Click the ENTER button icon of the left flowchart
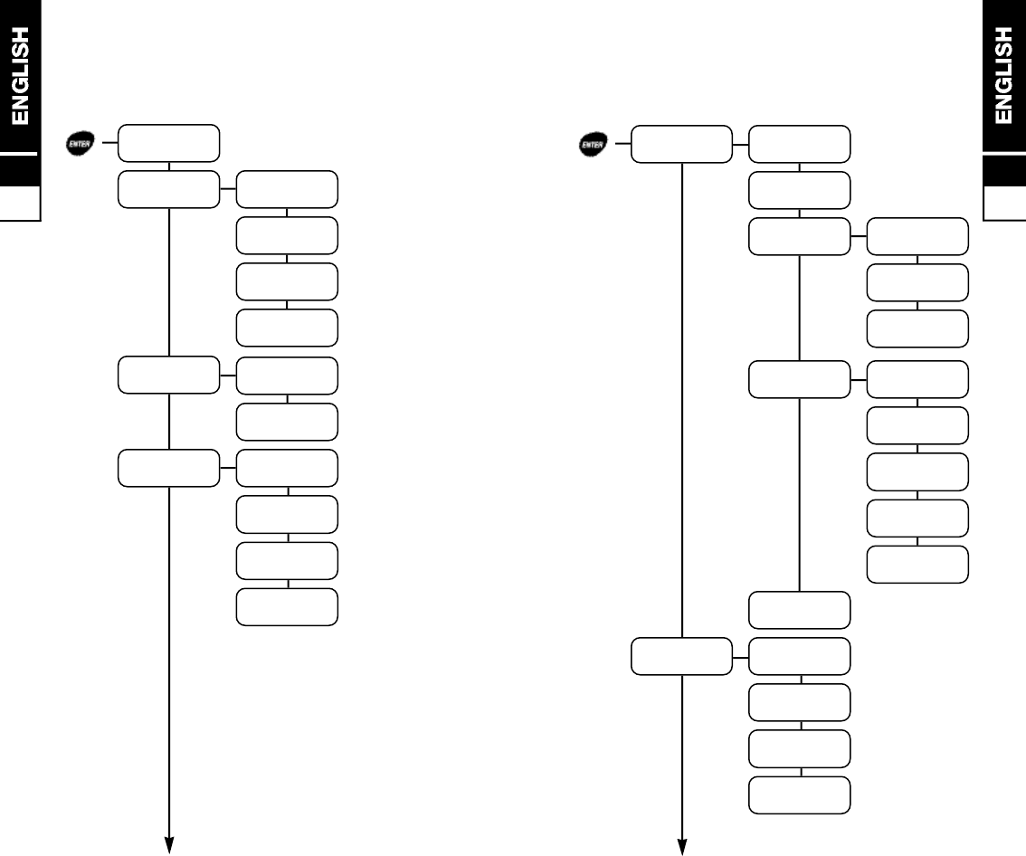(x=79, y=143)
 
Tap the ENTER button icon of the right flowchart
(x=593, y=143)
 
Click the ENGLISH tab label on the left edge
(x=20, y=76)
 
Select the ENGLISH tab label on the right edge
(x=1003, y=76)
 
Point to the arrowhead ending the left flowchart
(x=169, y=845)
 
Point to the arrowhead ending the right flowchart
(x=681, y=845)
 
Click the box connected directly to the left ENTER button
(x=169, y=143)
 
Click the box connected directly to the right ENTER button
(x=681, y=144)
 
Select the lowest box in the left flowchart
(x=287, y=606)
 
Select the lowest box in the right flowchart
(x=800, y=794)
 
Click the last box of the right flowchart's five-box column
(x=917, y=564)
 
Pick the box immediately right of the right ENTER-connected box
(x=800, y=144)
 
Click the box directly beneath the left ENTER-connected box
(x=169, y=189)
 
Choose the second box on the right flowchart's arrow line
(x=681, y=655)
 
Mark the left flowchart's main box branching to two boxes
(x=169, y=375)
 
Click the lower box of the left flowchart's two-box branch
(x=287, y=421)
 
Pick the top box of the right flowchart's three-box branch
(x=917, y=236)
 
